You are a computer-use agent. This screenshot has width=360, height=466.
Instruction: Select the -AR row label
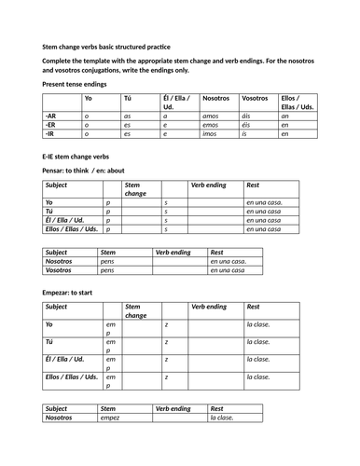pos(51,115)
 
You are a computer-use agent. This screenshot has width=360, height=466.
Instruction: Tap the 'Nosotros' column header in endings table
pos(215,98)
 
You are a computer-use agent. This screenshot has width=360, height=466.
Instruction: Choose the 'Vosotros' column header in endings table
pos(255,98)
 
